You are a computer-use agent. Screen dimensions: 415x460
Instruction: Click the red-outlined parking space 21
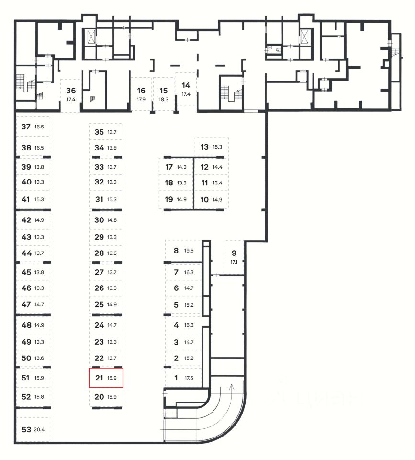pyautogui.click(x=106, y=378)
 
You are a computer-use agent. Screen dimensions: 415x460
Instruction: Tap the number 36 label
pyautogui.click(x=71, y=91)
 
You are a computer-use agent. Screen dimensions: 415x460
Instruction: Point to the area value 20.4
pyautogui.click(x=39, y=429)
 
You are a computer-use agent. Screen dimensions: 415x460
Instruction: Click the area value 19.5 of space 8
pyautogui.click(x=189, y=251)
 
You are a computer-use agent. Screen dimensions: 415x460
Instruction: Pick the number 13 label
pyautogui.click(x=204, y=147)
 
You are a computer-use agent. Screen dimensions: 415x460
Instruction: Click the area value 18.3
pyautogui.click(x=164, y=100)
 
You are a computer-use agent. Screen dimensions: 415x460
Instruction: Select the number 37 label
pyautogui.click(x=26, y=126)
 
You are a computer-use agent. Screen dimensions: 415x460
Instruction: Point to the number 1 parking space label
pyautogui.click(x=176, y=378)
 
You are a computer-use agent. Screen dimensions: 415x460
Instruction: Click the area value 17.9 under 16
pyautogui.click(x=141, y=100)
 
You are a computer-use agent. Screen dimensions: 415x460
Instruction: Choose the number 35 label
pyautogui.click(x=99, y=132)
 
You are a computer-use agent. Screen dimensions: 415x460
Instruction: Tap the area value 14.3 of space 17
pyautogui.click(x=182, y=167)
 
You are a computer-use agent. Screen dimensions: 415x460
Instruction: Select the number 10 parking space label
pyautogui.click(x=204, y=200)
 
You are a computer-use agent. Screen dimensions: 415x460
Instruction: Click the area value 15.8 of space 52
pyautogui.click(x=39, y=397)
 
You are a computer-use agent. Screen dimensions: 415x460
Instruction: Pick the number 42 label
pyautogui.click(x=26, y=220)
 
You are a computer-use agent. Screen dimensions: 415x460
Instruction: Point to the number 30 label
pyautogui.click(x=99, y=220)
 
